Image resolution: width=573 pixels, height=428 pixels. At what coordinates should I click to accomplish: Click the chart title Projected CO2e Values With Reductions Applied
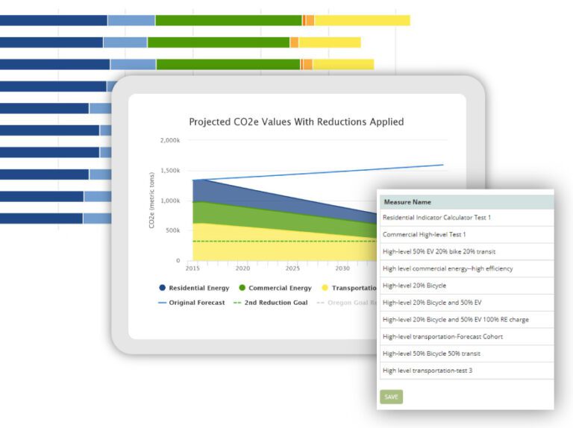296,122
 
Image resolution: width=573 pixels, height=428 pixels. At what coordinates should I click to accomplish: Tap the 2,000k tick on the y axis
169,140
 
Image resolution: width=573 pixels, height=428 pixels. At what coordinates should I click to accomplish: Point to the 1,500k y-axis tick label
169,171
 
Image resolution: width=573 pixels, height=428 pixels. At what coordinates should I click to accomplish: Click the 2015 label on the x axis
192,268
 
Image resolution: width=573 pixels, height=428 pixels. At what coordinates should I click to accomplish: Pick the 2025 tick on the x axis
292,268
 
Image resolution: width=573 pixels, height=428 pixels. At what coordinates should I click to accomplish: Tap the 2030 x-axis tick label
342,268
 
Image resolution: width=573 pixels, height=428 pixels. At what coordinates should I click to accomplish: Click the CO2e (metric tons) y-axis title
151,200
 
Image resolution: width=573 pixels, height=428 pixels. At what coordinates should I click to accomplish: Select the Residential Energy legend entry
193,288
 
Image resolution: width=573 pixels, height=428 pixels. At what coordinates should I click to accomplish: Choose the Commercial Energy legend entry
274,288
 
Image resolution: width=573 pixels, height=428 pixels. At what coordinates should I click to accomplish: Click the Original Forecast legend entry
191,303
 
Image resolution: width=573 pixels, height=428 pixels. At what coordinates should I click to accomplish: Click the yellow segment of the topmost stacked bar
362,20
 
